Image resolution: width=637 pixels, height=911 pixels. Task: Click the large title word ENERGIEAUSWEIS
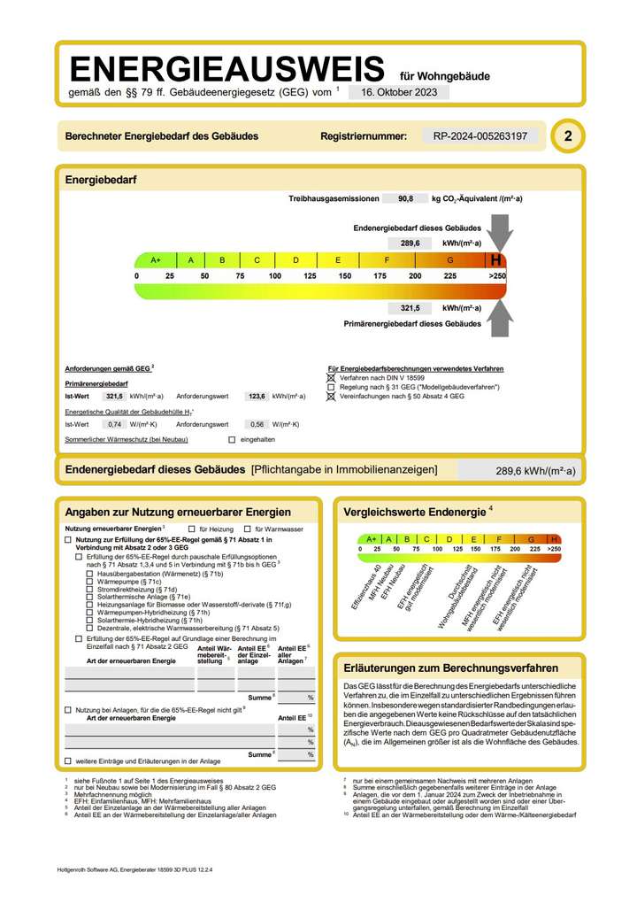click(226, 69)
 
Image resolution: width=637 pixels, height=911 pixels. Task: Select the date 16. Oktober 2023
click(398, 92)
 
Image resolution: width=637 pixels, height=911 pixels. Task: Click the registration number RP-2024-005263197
click(480, 136)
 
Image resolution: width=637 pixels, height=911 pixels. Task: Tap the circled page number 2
click(567, 136)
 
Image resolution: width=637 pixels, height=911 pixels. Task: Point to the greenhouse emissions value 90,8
click(406, 199)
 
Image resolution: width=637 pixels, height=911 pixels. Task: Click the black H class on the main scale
click(497, 260)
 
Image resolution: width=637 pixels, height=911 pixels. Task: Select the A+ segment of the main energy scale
click(156, 260)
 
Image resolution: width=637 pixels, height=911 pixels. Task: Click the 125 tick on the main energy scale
click(310, 277)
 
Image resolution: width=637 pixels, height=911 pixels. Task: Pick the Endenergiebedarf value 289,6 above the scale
click(410, 243)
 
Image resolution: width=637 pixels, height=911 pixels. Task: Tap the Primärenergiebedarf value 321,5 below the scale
click(410, 308)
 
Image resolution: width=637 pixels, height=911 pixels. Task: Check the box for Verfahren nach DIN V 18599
click(332, 378)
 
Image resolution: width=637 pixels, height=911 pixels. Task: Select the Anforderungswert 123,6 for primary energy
click(257, 397)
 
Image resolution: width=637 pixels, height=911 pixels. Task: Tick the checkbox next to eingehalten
click(232, 439)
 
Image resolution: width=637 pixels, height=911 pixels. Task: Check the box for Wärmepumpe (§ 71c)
click(89, 582)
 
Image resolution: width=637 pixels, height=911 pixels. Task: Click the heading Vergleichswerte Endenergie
click(413, 512)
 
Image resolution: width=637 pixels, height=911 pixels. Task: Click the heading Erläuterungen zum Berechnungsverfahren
click(450, 668)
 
